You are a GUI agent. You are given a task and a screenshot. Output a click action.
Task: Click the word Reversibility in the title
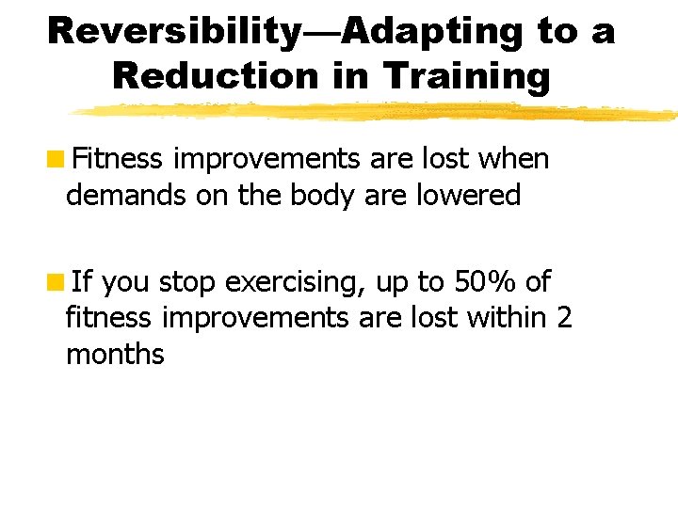tap(170, 31)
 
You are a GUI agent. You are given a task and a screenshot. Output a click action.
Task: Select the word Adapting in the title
tap(430, 31)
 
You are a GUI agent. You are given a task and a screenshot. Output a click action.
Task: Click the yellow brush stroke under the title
tap(377, 111)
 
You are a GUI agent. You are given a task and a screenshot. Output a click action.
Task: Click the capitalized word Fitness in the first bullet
tap(117, 159)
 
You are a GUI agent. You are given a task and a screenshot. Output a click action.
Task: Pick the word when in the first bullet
tap(513, 159)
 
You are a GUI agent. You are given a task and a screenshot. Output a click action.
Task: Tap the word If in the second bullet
tap(81, 281)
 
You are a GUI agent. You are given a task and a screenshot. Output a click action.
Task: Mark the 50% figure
tap(482, 281)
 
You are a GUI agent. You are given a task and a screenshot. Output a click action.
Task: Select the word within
tap(506, 318)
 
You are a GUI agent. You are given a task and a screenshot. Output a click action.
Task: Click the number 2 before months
tap(564, 318)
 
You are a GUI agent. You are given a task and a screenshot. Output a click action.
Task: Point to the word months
tap(115, 355)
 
